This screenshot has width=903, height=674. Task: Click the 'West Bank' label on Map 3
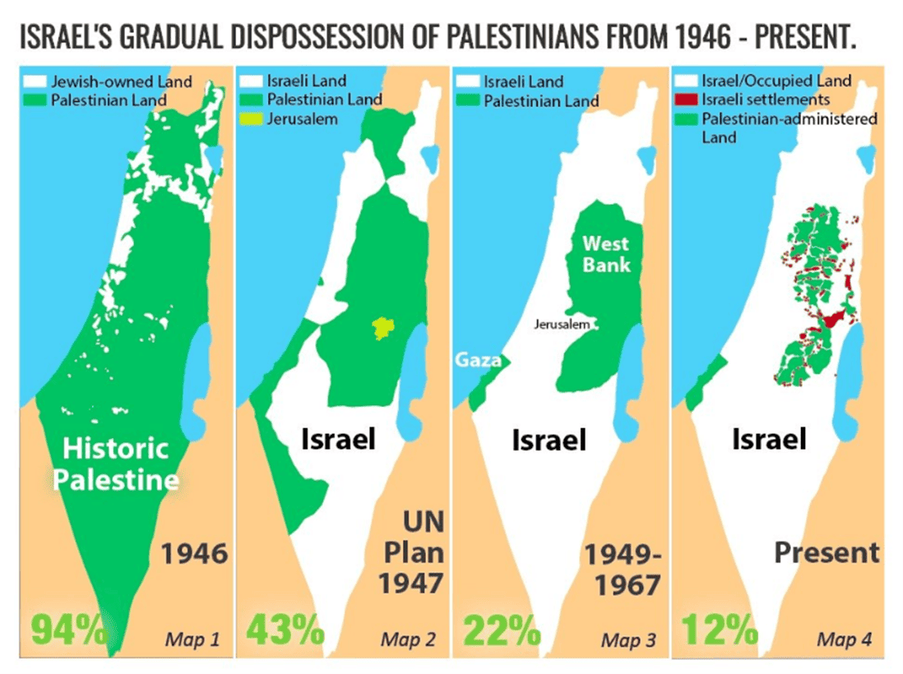pos(606,253)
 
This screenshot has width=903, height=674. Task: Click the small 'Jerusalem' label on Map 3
pos(563,325)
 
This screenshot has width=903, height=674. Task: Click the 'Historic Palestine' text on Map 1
pos(115,464)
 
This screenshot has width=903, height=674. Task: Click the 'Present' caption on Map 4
pos(827,552)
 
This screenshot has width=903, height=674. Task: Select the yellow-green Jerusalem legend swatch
pos(252,118)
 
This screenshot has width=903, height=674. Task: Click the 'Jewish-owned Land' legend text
pos(121,81)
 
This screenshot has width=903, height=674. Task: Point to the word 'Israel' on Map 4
pos(768,439)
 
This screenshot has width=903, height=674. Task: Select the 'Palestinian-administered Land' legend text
pos(788,127)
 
